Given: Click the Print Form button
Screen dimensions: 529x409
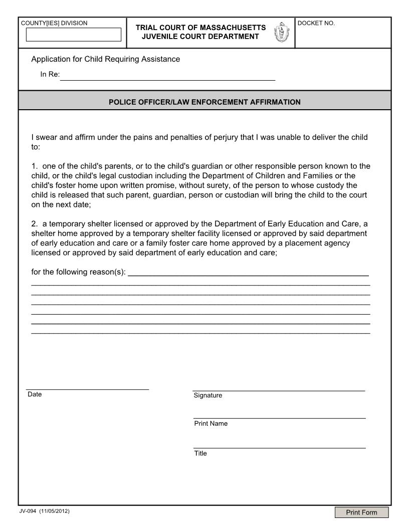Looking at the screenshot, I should pyautogui.click(x=362, y=512).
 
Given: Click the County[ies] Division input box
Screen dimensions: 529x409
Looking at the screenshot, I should pyautogui.click(x=74, y=35).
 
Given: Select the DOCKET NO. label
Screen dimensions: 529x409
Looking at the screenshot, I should pyautogui.click(x=316, y=23).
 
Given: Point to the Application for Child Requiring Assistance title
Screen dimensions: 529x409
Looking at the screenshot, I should pyautogui.click(x=105, y=59).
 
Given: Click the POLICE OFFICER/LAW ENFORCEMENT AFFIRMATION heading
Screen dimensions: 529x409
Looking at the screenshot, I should pyautogui.click(x=204, y=102).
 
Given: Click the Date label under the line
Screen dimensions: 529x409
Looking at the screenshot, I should pyautogui.click(x=35, y=394).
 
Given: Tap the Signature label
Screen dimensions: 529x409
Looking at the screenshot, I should pyautogui.click(x=208, y=395).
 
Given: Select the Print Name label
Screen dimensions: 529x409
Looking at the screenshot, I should pyautogui.click(x=211, y=423).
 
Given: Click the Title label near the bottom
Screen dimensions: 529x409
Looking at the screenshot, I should pyautogui.click(x=200, y=453).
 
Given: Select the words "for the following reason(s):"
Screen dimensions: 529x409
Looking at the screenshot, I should pyautogui.click(x=79, y=273).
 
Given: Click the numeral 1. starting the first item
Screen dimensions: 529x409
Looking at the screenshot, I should pyautogui.click(x=34, y=166).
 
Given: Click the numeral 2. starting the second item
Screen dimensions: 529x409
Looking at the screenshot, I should pyautogui.click(x=34, y=224).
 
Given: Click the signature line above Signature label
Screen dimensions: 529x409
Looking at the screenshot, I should pyautogui.click(x=279, y=390).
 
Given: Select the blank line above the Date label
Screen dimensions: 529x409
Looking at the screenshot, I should pyautogui.click(x=87, y=388).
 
